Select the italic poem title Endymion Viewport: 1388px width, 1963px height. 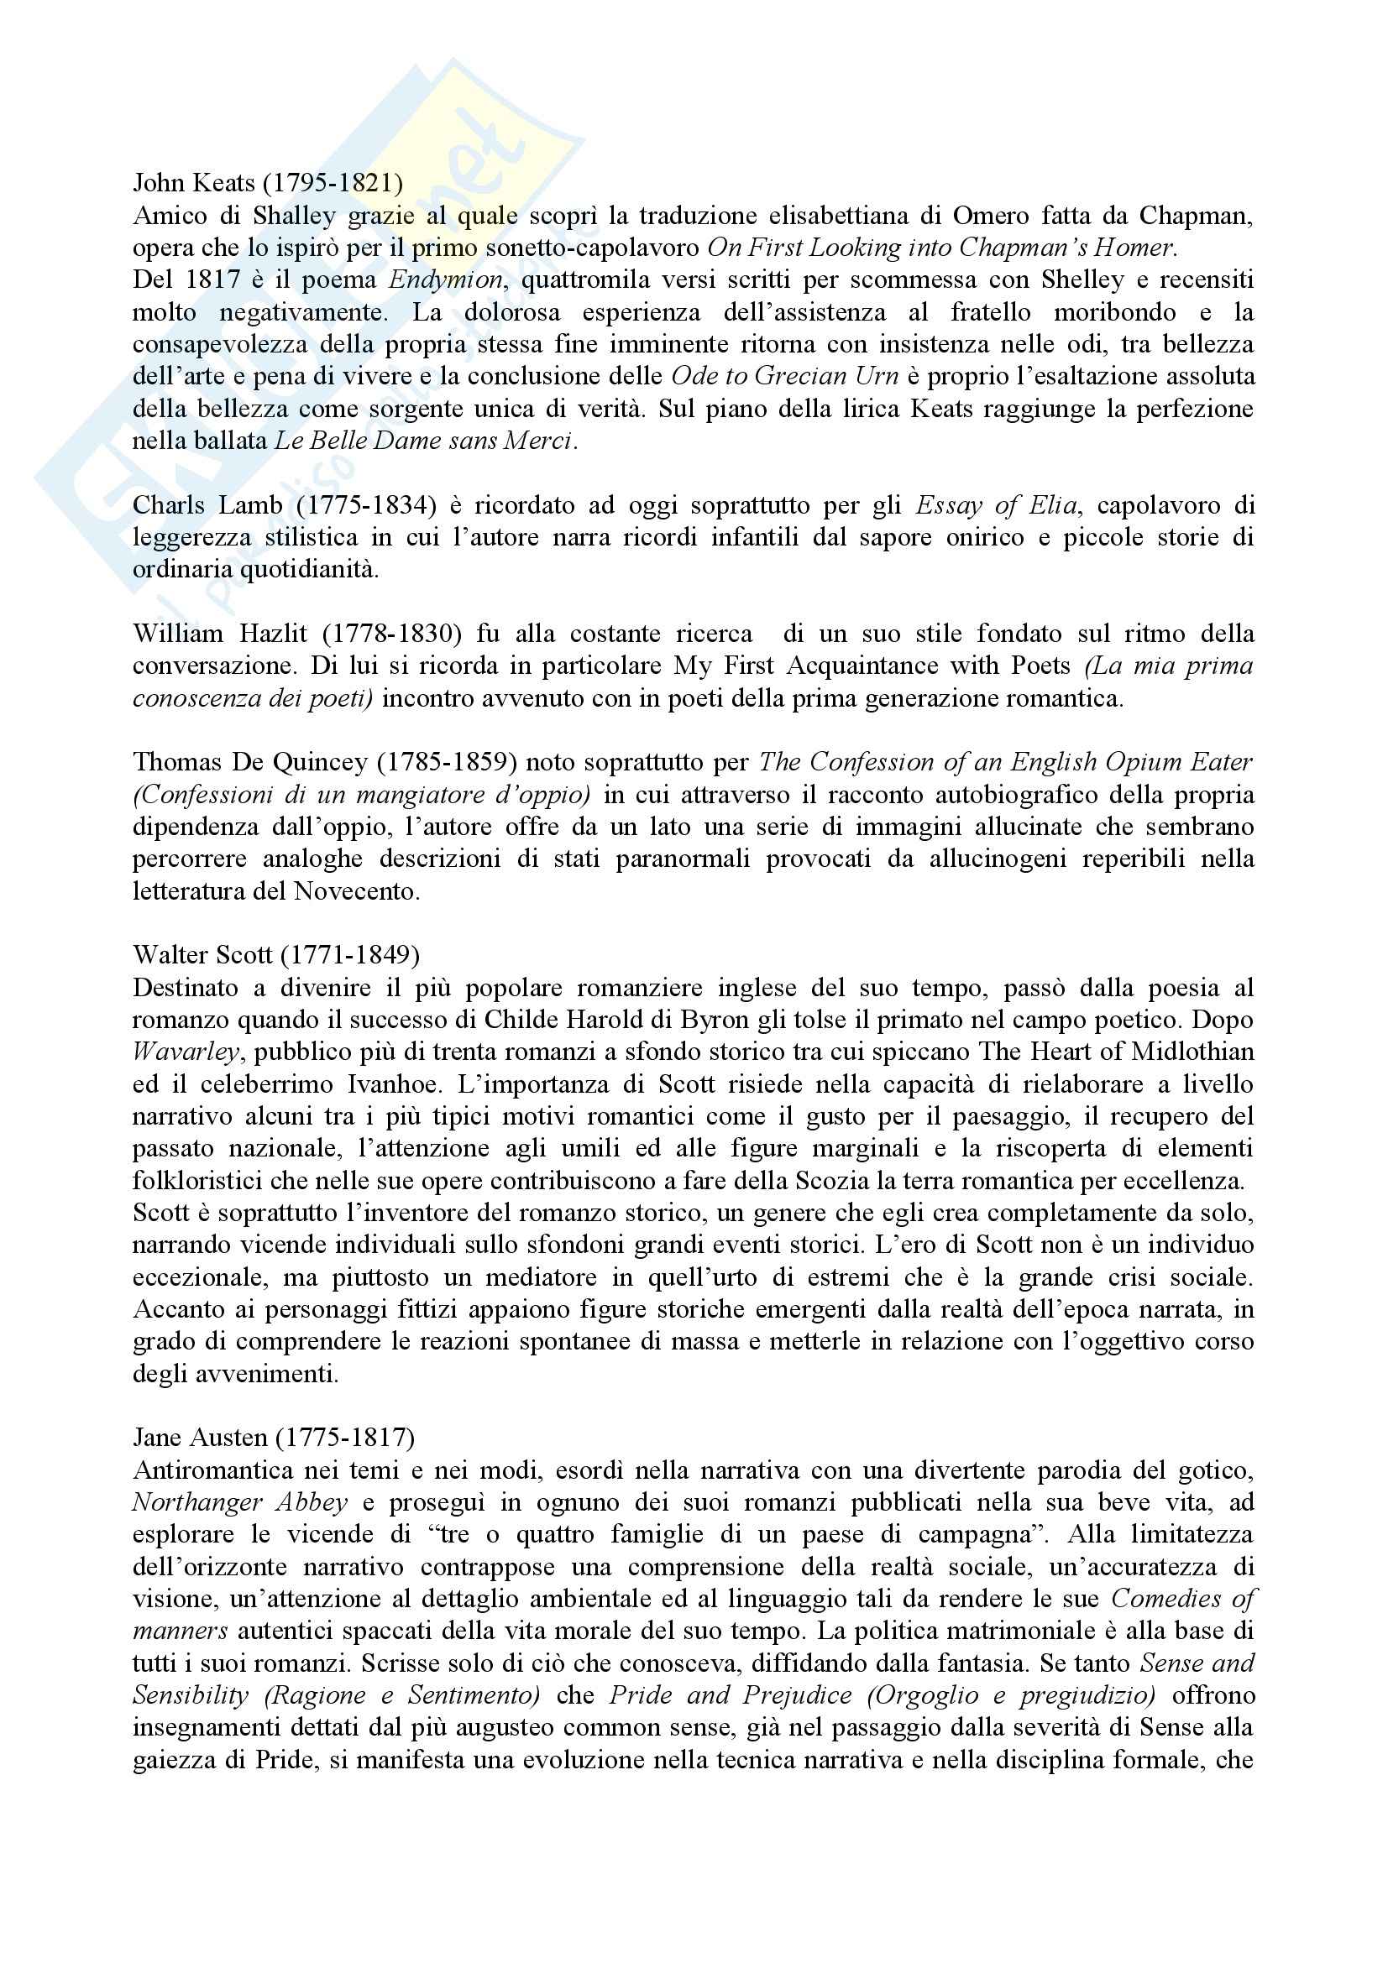click(x=447, y=280)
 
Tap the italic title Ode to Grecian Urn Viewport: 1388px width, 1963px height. click(x=784, y=377)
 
